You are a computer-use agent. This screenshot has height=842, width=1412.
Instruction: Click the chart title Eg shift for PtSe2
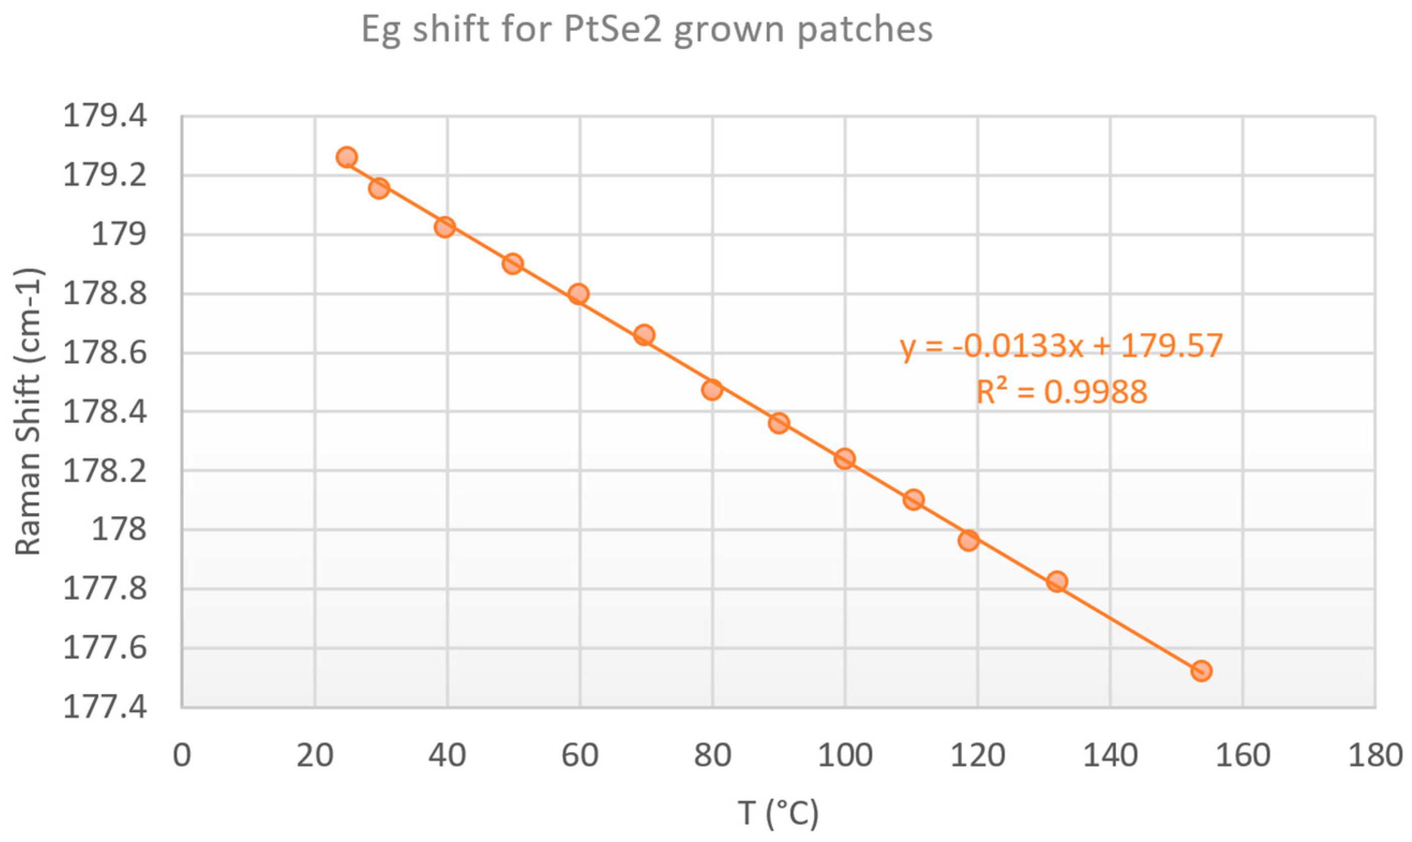coord(647,30)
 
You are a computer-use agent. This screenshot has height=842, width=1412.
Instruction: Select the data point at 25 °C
coord(346,157)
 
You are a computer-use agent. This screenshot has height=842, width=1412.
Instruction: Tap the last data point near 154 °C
coord(1201,671)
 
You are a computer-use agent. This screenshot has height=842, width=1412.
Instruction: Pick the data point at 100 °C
coord(844,459)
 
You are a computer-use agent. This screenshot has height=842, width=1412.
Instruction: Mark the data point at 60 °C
coord(578,294)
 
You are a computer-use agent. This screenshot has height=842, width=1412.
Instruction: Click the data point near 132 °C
coord(1057,582)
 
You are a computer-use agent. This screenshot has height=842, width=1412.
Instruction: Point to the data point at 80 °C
coord(712,390)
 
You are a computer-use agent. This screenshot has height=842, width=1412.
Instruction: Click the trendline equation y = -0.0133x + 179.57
coord(1061,346)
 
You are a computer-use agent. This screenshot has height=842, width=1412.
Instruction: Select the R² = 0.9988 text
coord(1061,392)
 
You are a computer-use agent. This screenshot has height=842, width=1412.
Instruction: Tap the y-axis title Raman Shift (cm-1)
coord(28,411)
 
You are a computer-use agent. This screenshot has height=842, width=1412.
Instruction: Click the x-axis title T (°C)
coord(778,813)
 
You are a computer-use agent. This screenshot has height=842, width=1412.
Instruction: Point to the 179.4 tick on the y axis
coord(105,117)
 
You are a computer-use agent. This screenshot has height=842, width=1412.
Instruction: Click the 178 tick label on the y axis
coord(119,530)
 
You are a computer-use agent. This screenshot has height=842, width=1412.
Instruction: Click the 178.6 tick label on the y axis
coord(105,353)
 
